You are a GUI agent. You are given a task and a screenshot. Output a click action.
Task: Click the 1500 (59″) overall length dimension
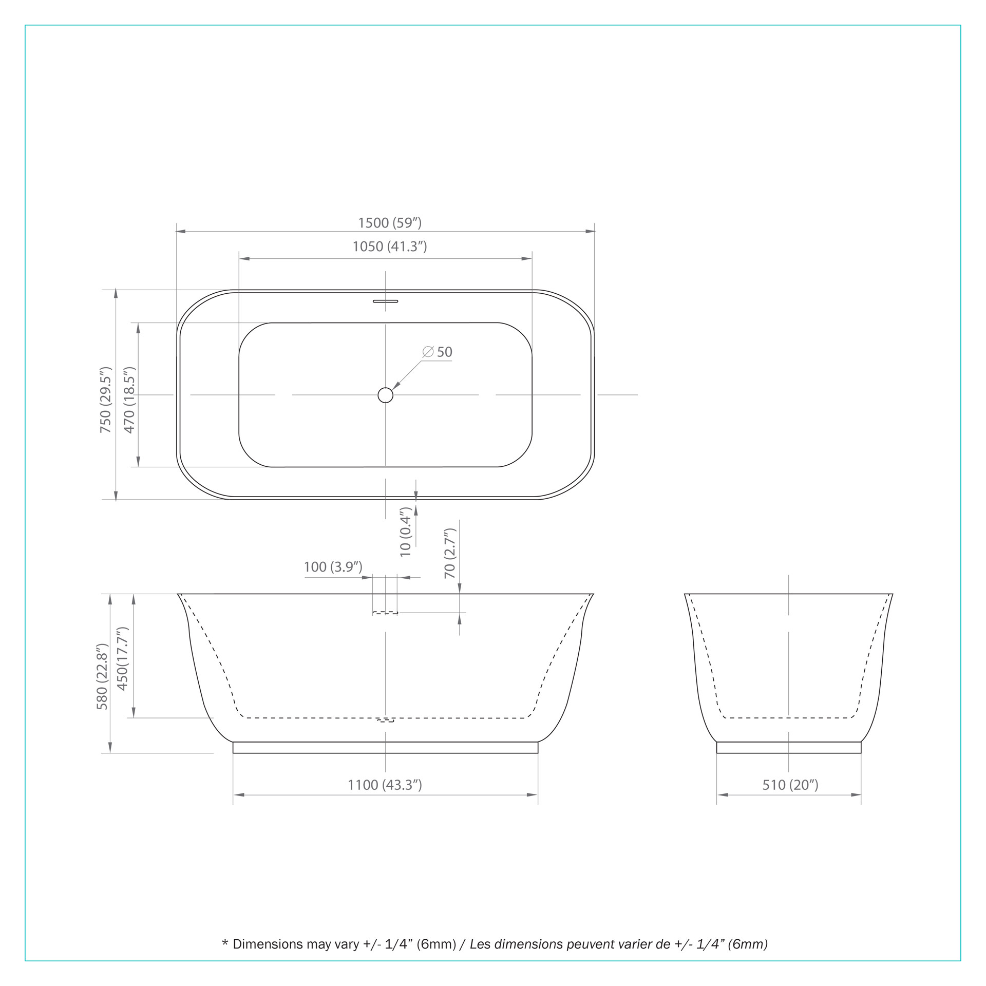tap(390, 223)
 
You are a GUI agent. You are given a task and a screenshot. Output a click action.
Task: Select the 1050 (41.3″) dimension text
tap(390, 246)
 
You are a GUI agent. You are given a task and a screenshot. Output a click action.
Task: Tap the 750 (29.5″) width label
tap(105, 400)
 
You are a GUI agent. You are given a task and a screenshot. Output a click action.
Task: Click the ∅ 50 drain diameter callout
tap(438, 352)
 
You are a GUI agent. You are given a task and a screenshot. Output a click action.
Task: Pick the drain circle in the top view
tap(385, 395)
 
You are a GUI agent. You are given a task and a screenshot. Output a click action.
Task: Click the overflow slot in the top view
tap(385, 301)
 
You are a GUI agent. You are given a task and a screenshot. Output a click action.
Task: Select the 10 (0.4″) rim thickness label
tap(406, 532)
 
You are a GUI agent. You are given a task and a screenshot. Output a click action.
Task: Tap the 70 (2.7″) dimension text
tap(450, 554)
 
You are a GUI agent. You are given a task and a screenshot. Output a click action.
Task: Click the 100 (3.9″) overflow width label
tap(333, 567)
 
